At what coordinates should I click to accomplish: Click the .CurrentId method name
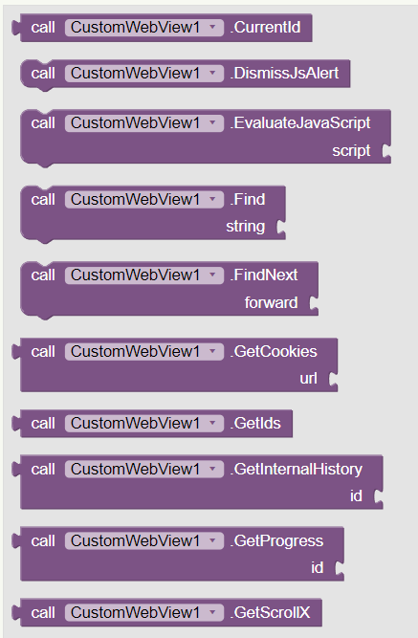[265, 28]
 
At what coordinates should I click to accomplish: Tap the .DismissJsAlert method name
[284, 74]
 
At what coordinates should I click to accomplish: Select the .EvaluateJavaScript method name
[300, 123]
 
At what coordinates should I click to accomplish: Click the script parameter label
[351, 151]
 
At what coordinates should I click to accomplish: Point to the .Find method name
[248, 200]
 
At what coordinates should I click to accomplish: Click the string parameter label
[246, 227]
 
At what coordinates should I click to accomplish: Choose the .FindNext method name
[264, 275]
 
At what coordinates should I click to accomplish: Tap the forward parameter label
[271, 303]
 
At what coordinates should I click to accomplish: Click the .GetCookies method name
[274, 352]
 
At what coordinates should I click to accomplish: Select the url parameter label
[308, 379]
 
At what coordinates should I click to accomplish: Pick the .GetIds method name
[255, 424]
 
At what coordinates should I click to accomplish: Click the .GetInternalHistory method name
[296, 470]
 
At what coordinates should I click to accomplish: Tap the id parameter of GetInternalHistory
[356, 496]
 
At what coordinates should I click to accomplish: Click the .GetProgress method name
[276, 541]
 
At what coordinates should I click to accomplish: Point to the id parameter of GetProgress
[317, 568]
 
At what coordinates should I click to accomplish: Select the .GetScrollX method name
[271, 613]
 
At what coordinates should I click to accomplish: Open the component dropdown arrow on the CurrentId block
[212, 28]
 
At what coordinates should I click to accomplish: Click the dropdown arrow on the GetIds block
[212, 423]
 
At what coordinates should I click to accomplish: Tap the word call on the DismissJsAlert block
[43, 74]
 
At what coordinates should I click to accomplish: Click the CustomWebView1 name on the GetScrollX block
[136, 613]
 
